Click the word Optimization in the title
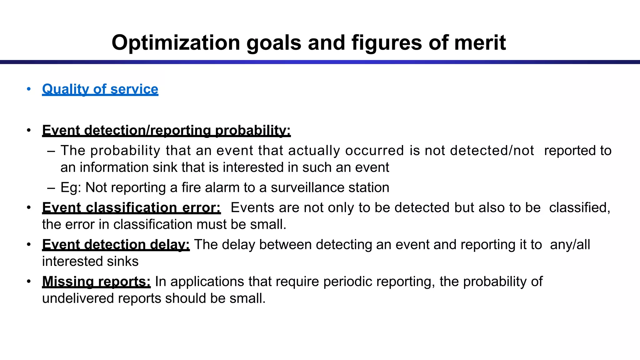click(176, 42)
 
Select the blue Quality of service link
click(100, 89)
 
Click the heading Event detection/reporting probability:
click(166, 130)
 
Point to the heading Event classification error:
click(131, 207)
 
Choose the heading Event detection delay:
click(116, 244)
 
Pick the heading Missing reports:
click(96, 281)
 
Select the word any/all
click(570, 244)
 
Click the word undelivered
click(78, 298)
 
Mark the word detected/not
click(492, 151)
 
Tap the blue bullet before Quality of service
click(29, 89)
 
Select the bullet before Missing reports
click(29, 281)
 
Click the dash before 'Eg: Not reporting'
click(51, 188)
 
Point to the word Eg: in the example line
click(71, 188)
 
